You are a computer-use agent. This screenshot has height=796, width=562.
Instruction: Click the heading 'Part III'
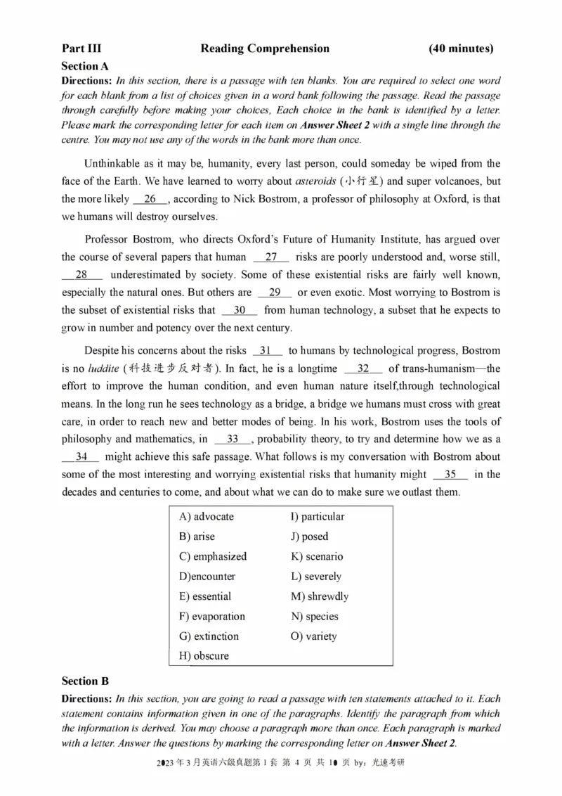(x=81, y=49)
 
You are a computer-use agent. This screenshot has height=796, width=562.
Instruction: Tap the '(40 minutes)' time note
(x=461, y=49)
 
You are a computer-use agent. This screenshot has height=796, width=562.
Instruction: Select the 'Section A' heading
(x=85, y=66)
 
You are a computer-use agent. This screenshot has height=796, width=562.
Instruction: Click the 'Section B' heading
(x=85, y=681)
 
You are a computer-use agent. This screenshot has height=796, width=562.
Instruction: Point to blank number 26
(x=150, y=199)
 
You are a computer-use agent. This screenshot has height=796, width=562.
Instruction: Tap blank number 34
(x=81, y=457)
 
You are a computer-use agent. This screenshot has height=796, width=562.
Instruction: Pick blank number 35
(x=451, y=475)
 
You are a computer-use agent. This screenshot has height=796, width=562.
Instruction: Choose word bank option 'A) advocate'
(x=207, y=517)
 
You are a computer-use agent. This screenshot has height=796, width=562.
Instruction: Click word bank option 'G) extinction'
(x=209, y=636)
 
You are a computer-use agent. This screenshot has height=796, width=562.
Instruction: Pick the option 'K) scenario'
(x=317, y=556)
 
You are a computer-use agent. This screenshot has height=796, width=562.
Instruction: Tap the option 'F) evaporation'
(x=212, y=617)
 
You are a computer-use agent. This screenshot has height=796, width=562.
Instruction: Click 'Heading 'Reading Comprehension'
(x=265, y=49)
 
